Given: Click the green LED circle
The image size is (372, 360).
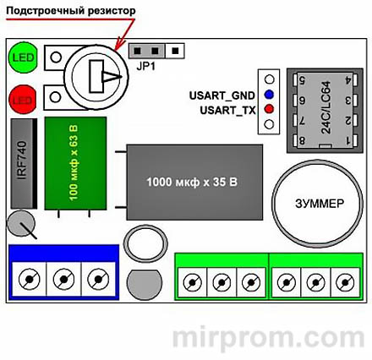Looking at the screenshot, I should tap(20, 58).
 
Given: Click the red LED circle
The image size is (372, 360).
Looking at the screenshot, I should tap(20, 100).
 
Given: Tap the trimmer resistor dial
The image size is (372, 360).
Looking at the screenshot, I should tap(96, 78).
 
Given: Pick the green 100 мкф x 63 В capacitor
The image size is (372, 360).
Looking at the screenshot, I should tap(76, 170).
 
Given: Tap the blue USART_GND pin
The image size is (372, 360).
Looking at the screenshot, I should tap(269, 94).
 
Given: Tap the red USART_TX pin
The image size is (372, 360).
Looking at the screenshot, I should tap(269, 109).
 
